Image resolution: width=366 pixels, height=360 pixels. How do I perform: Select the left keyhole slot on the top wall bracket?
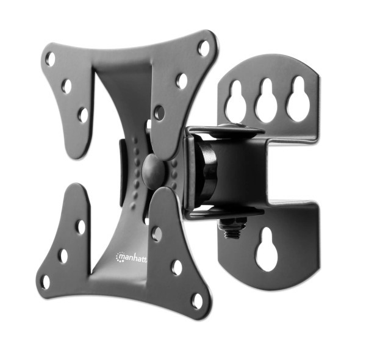point(235,101)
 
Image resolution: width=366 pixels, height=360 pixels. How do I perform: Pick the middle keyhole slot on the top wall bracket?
point(267,99)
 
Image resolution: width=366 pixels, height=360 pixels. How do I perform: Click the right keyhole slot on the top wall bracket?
point(298,98)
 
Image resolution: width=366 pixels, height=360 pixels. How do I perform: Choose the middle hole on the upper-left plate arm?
point(66,86)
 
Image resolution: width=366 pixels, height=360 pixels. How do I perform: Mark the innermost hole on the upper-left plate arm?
point(82,114)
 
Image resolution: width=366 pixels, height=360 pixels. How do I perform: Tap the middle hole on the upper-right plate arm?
point(181,81)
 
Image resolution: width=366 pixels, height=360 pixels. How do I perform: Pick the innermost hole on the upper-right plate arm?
point(159,113)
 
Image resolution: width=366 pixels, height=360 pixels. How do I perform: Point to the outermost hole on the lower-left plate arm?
point(45,281)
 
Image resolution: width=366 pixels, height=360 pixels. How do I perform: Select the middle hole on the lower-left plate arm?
point(63,255)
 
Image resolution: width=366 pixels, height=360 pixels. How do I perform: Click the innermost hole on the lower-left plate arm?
point(81,227)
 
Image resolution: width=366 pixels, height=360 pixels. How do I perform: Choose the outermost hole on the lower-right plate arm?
point(197,300)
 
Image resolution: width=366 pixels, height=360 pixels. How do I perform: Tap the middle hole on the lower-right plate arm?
point(176,267)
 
